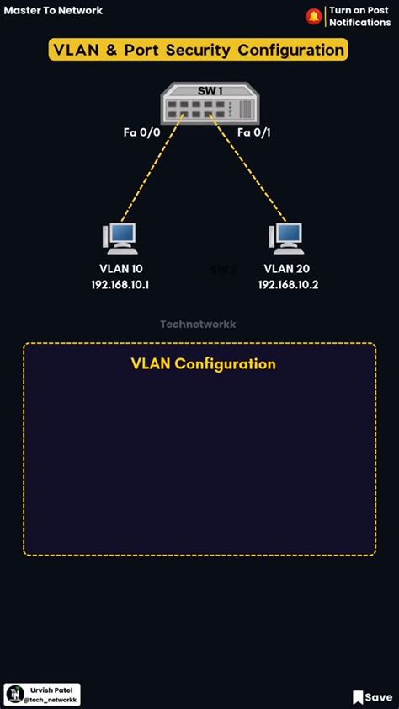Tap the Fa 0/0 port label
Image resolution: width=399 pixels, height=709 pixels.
pos(141,133)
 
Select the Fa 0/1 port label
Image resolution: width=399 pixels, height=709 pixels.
pos(254,133)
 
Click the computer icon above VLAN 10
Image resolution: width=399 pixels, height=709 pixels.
pos(120,239)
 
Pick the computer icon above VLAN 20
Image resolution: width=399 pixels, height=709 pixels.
pos(285,239)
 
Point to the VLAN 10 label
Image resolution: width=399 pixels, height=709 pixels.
pos(121,269)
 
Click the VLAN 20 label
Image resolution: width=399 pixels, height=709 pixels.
pos(286,269)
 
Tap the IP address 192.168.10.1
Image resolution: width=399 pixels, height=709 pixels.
pos(120,285)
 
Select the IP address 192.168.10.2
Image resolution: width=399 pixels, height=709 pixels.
pos(288,285)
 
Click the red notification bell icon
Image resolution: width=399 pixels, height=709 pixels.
pos(314,16)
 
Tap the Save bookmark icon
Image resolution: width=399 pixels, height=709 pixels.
pos(358,697)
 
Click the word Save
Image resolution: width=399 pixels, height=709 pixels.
pos(379,697)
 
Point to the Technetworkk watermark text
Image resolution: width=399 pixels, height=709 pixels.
pos(198,325)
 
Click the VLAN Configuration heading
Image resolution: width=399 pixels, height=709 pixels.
pos(203,363)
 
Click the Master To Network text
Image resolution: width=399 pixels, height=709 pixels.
pos(53,10)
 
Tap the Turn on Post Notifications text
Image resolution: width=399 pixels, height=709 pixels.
pos(359,16)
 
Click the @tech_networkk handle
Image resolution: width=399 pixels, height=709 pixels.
pos(51,699)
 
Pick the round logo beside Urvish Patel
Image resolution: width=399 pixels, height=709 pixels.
pos(16,695)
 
